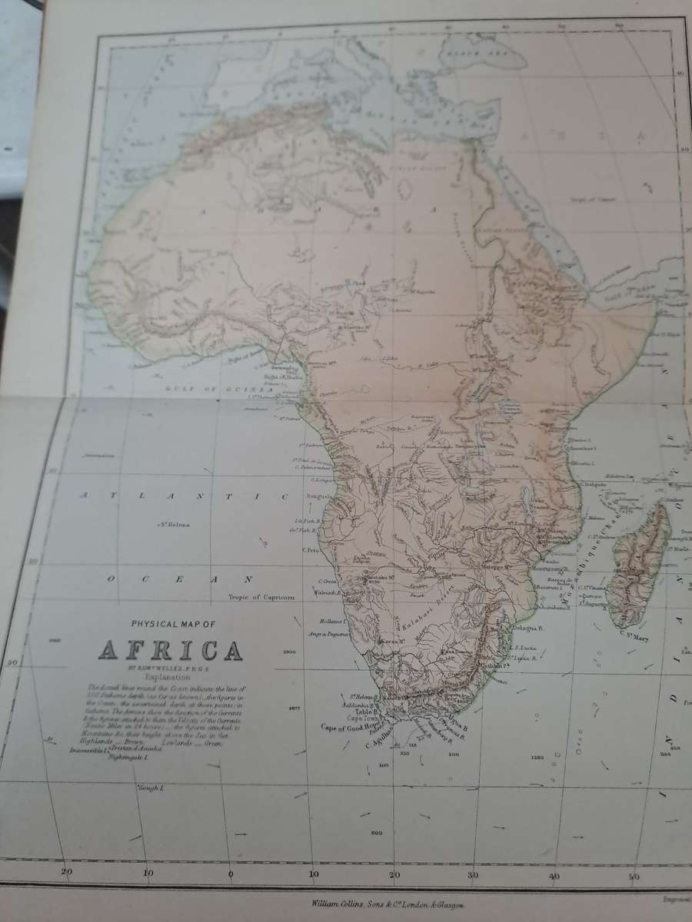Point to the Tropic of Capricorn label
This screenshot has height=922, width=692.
pos(262,596)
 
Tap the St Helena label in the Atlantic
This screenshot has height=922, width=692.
pos(175,525)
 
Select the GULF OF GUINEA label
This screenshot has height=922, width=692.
pos(218,390)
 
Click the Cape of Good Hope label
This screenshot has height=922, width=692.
pos(351,726)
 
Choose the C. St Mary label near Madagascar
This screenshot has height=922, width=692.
pos(635,633)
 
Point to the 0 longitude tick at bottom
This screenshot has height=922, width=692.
pos(230,873)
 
